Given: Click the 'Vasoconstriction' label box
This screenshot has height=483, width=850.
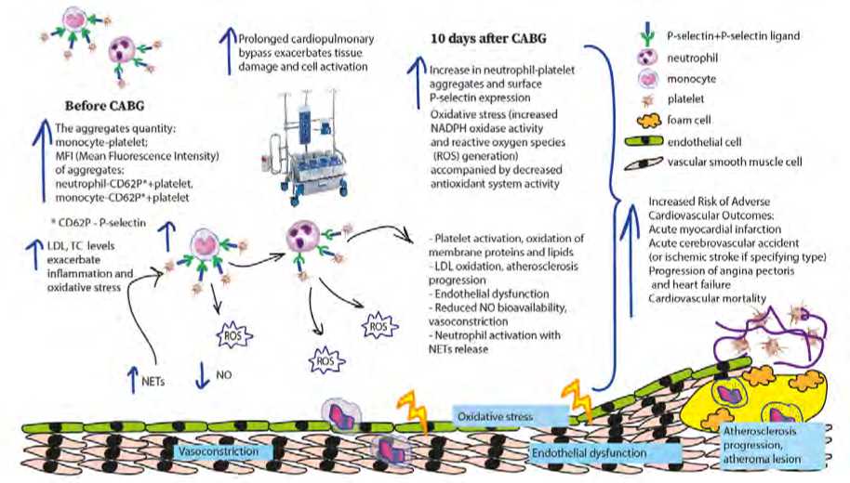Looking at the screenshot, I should [223, 451].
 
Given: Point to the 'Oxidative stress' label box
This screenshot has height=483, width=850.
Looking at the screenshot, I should [493, 418].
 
